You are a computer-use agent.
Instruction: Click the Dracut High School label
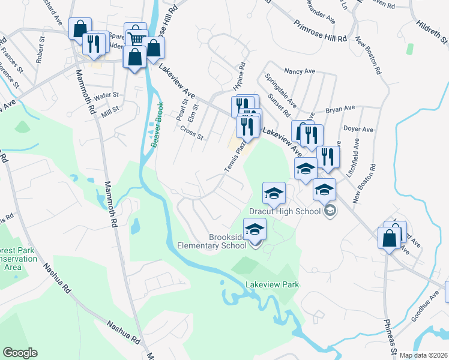285,211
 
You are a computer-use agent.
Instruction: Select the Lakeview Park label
272,284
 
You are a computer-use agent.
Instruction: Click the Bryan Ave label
340,110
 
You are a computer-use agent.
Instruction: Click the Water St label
106,95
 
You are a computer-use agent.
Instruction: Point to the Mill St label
110,112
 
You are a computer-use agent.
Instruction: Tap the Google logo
20,353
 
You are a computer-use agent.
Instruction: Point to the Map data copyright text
424,355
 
